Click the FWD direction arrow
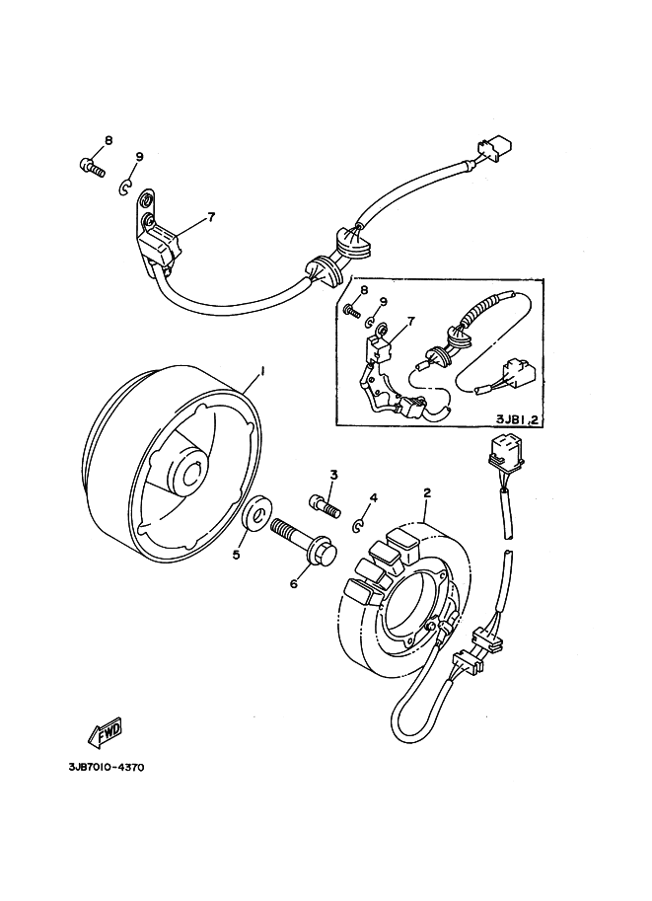[x=105, y=732]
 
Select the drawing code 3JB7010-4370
[x=107, y=768]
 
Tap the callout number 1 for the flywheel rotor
[x=262, y=372]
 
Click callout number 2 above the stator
[x=427, y=492]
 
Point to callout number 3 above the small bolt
[x=333, y=475]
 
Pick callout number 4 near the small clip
[x=374, y=497]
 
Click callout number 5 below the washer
[x=236, y=555]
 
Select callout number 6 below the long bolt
[x=294, y=584]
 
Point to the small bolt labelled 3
[x=326, y=504]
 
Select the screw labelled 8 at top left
[x=92, y=167]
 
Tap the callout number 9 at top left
[x=139, y=157]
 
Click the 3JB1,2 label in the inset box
[x=517, y=418]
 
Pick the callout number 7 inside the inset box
[x=411, y=322]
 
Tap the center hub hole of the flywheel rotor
[x=193, y=473]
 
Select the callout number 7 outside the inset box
[x=211, y=217]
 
